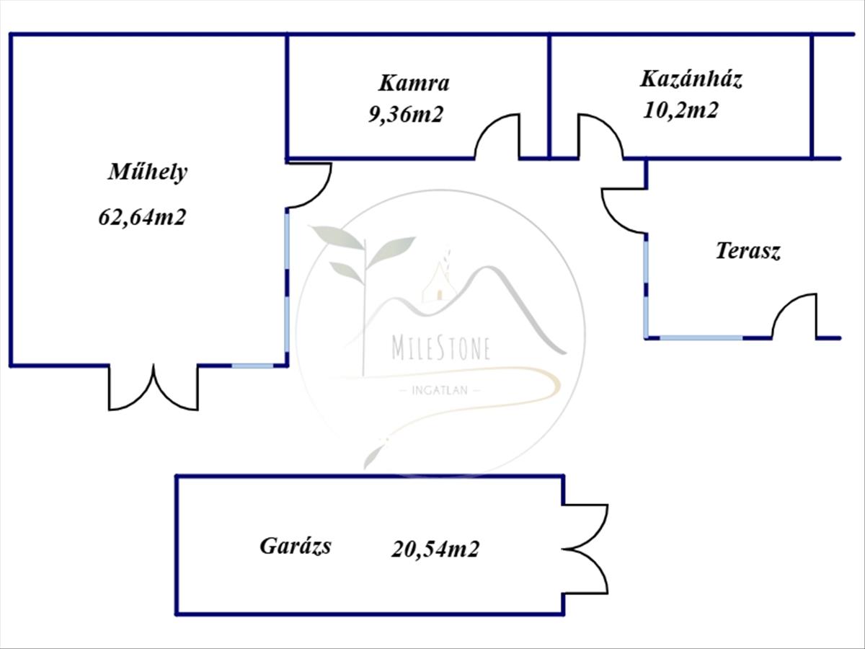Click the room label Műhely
click(148, 172)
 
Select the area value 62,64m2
click(142, 216)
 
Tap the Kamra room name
click(414, 83)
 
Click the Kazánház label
click(691, 79)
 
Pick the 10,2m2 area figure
click(680, 110)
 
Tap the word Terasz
click(748, 251)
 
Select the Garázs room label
click(296, 546)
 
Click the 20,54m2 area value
click(435, 549)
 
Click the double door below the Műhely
click(154, 389)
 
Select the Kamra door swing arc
click(497, 136)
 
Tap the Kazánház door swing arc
click(600, 136)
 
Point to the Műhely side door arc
click(309, 185)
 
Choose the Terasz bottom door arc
click(794, 316)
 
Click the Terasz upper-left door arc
click(624, 211)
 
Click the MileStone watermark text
click(441, 348)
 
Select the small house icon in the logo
click(438, 283)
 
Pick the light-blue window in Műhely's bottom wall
click(253, 366)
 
